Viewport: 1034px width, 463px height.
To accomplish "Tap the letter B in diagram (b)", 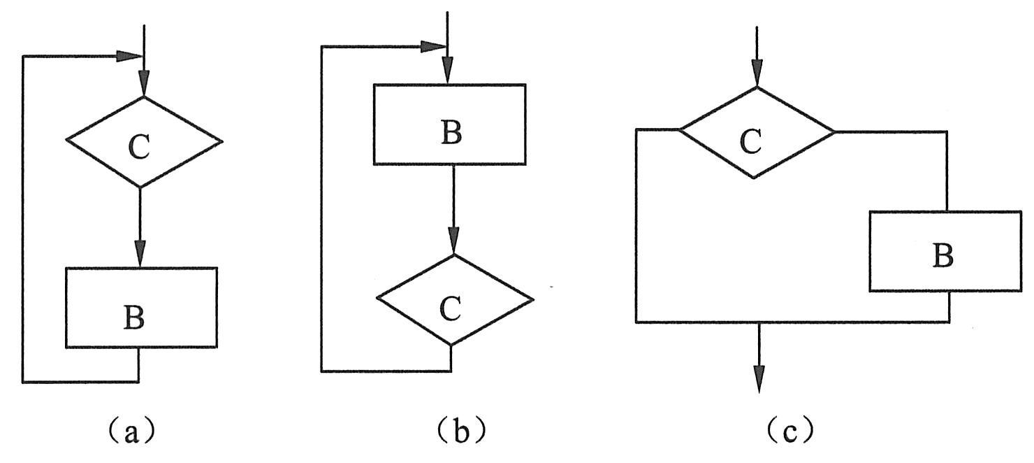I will point(451,133).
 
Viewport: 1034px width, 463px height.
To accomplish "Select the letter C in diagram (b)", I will point(451,308).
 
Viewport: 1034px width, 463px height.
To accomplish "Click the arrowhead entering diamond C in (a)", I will point(143,85).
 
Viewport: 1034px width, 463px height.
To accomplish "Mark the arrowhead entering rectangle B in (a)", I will point(140,255).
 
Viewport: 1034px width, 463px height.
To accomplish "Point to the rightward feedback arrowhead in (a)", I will point(129,56).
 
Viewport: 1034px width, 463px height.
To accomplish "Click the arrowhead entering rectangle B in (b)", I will point(448,72).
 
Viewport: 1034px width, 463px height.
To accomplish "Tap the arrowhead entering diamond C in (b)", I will point(453,242).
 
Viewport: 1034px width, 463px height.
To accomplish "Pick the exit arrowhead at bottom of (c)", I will point(757,380).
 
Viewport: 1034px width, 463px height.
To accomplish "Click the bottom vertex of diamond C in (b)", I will point(451,345).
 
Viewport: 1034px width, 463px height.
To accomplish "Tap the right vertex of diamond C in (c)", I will point(834,131).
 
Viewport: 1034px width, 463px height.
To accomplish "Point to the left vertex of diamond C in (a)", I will point(67,141).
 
